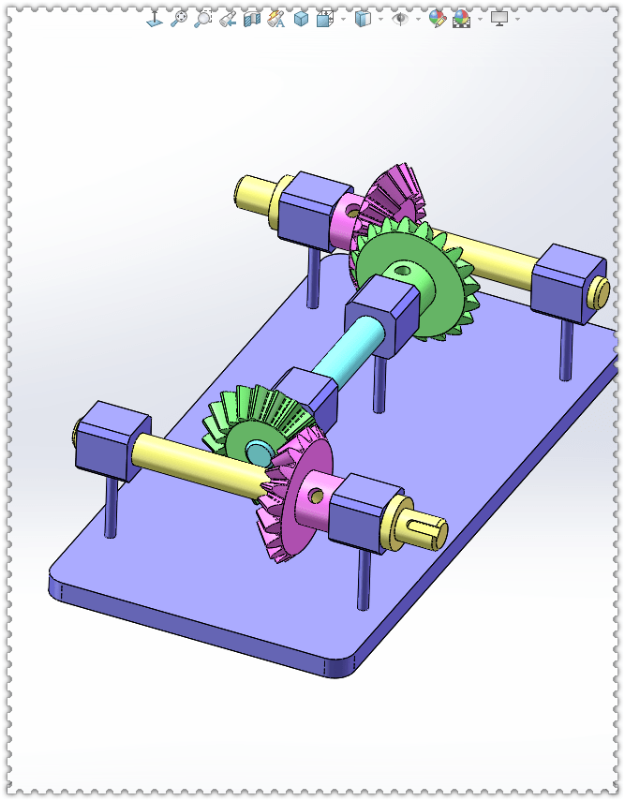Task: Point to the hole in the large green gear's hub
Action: (x=404, y=272)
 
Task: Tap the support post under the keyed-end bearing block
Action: (x=364, y=581)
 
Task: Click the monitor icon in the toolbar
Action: (x=499, y=18)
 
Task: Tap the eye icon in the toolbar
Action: (x=400, y=18)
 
